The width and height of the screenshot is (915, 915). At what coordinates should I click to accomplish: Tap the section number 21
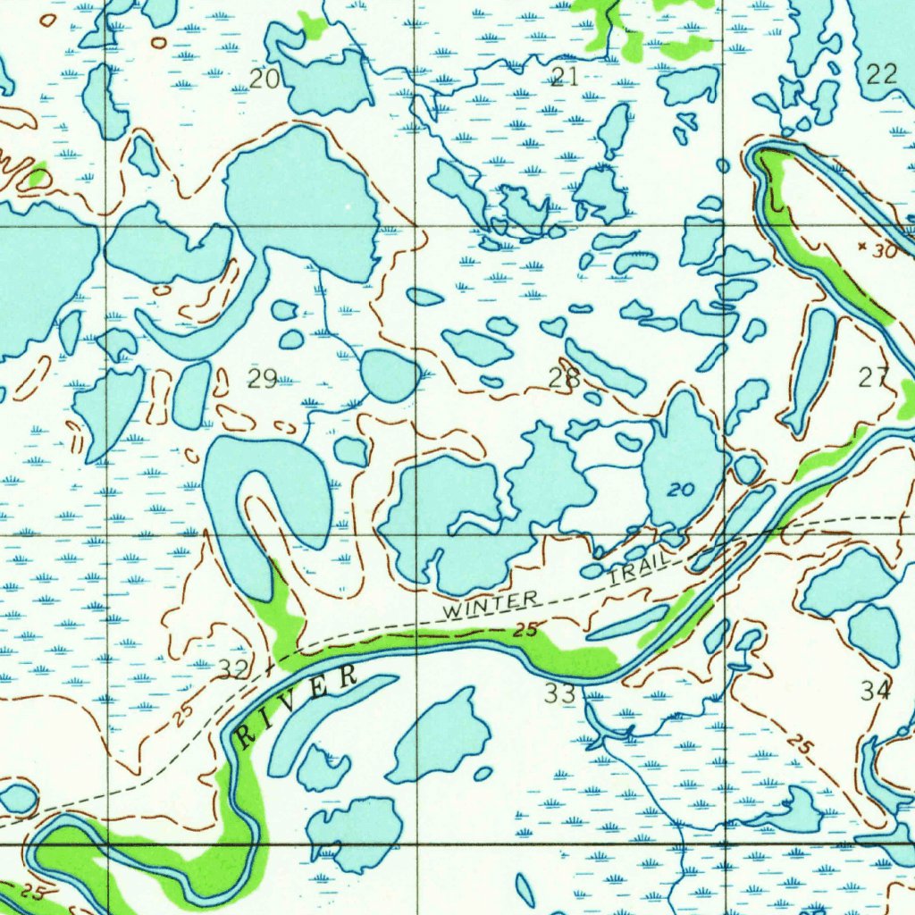pos(564,77)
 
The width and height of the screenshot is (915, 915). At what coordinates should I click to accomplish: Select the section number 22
pos(881,74)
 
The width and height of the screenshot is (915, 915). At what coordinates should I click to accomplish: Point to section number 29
pos(262,379)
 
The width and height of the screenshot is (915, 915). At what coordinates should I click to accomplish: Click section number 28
pos(564,379)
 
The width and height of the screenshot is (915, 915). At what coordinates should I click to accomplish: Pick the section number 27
pos(873,378)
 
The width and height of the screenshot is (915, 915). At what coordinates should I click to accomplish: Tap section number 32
pos(234,668)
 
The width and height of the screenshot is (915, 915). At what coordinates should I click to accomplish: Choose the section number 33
pos(561,692)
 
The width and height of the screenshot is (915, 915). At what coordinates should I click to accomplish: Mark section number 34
pos(876,690)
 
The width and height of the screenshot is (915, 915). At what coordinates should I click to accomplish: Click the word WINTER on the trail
pos(492,605)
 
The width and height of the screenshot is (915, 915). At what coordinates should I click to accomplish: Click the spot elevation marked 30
pos(884,252)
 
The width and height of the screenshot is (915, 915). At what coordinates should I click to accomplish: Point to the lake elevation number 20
pos(681,491)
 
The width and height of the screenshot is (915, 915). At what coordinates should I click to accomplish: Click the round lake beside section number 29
pos(390,375)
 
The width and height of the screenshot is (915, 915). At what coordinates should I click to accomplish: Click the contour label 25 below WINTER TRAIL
pos(525,630)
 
